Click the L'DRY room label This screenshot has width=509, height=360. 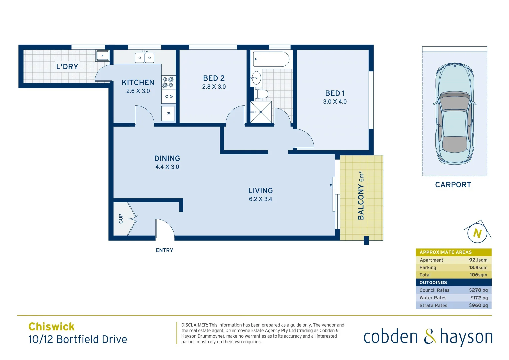pos(67,67)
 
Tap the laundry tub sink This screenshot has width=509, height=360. pos(102,56)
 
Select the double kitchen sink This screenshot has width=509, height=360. pos(144,58)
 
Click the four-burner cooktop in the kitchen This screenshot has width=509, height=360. pos(168,82)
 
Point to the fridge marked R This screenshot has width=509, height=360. pos(168,114)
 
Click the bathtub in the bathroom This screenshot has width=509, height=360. pos(271,59)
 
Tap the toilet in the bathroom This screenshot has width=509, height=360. pos(261,94)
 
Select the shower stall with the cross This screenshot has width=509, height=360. pos(261,112)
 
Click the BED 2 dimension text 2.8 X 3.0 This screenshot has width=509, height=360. pos(214,87)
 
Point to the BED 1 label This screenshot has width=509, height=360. pos(335,93)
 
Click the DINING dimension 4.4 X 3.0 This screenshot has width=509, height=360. pos(167,167)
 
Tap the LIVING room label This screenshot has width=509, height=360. pos(260,191)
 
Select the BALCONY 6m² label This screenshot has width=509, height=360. pos(361,196)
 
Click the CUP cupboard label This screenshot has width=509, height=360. pos(121,219)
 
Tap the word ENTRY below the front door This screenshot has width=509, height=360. pos(164,250)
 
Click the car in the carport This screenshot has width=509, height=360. pos(454,113)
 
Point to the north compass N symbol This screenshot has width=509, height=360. pos(477,233)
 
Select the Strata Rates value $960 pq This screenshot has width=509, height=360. pos(478,305)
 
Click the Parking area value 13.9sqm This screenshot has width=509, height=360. pos(478,268)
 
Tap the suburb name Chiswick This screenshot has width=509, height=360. pos(51,326)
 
